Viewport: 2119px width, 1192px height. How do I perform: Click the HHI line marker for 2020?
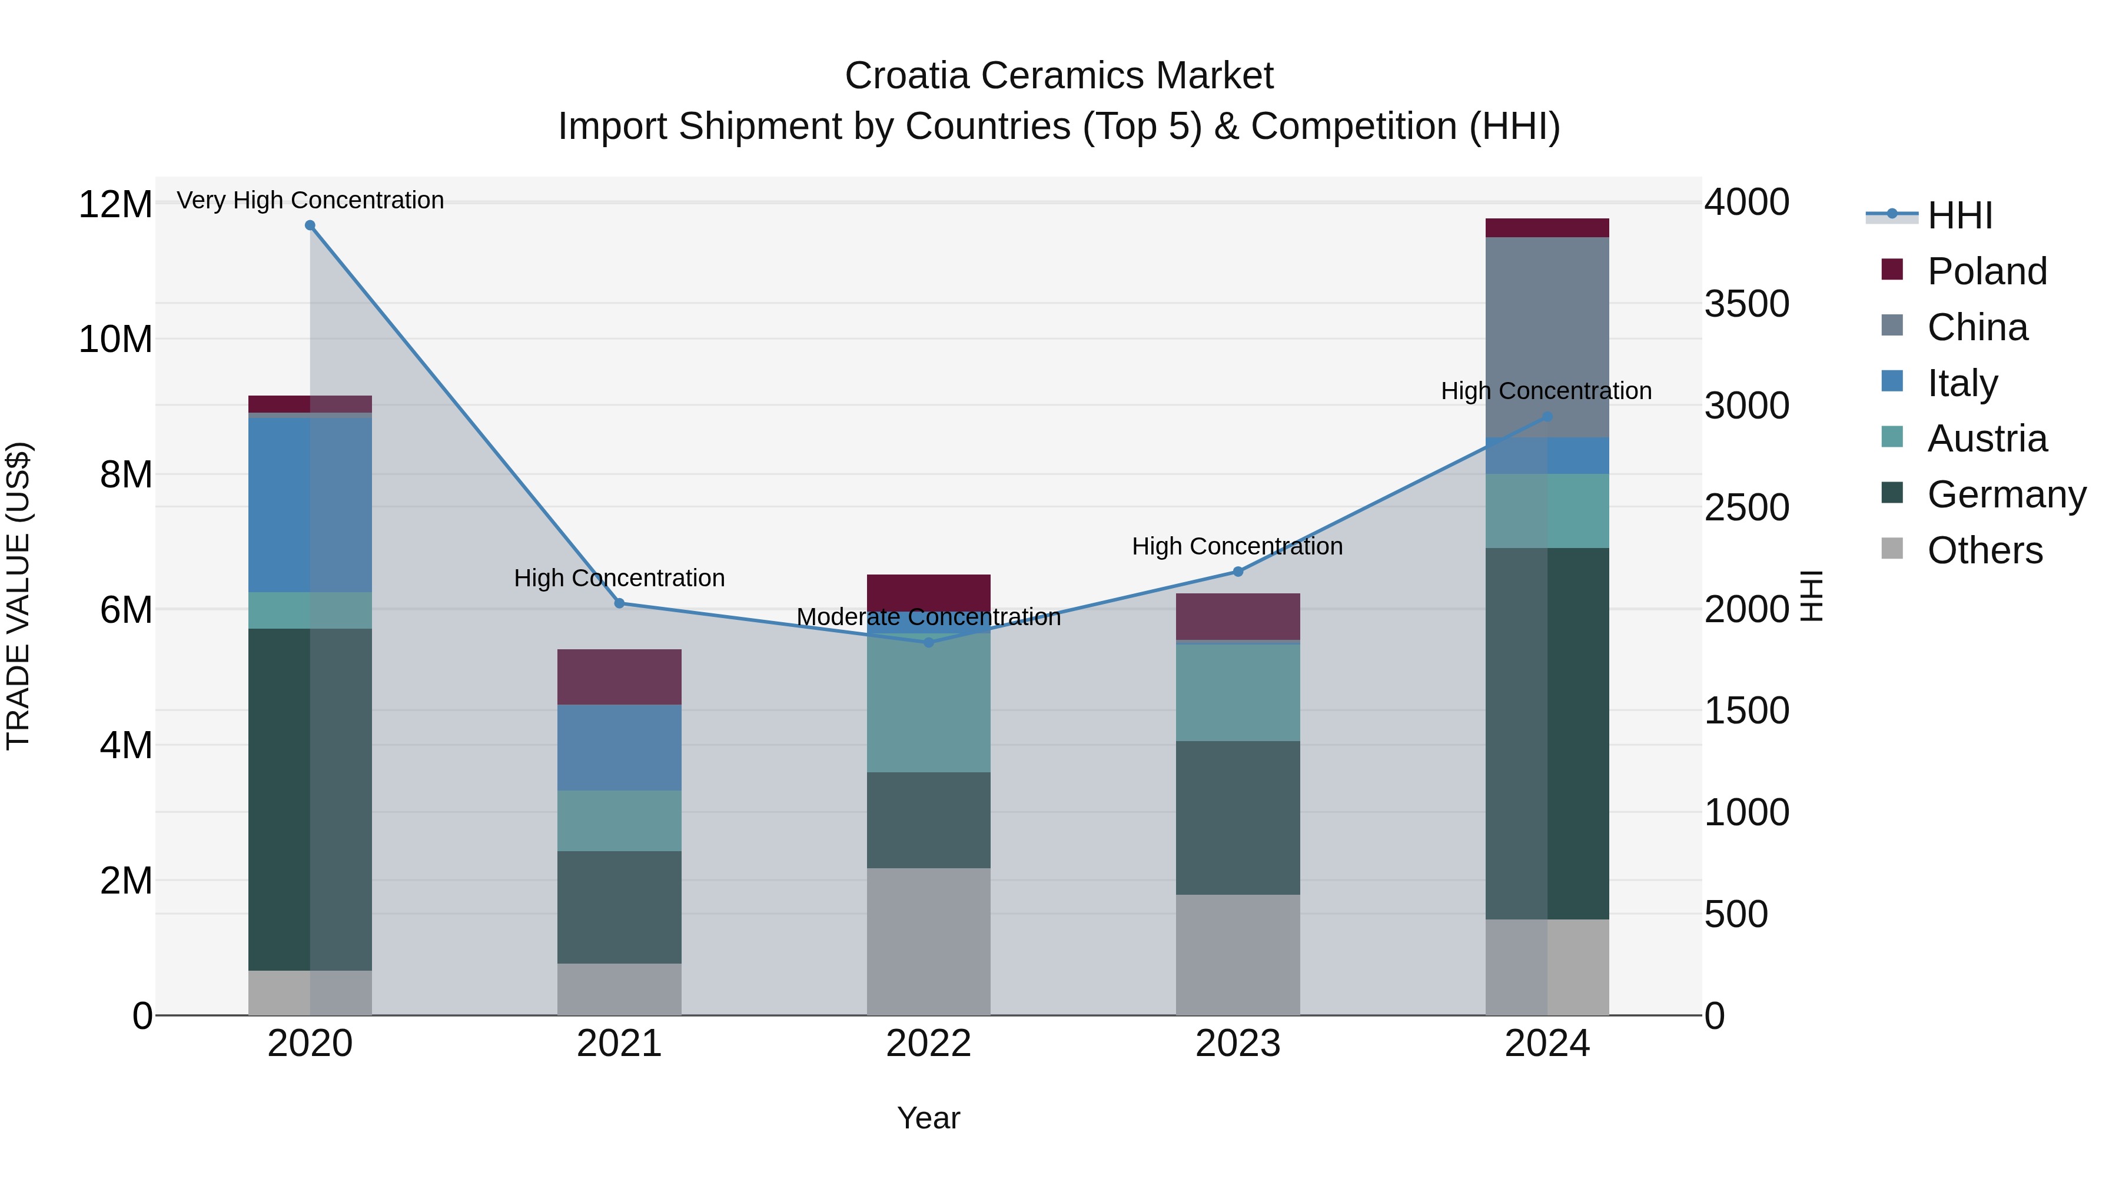click(310, 225)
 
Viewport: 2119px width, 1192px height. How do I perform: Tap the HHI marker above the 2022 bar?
click(929, 642)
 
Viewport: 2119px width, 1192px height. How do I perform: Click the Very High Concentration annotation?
click(310, 200)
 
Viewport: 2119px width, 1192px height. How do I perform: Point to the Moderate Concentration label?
click(929, 617)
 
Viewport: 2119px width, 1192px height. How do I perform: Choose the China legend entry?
click(1978, 327)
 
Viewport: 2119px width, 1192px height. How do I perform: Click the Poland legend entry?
click(1987, 271)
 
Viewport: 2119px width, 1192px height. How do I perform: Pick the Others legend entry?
click(1984, 550)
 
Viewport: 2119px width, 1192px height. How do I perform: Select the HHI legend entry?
click(1959, 215)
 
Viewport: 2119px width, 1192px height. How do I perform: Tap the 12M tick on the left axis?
click(115, 204)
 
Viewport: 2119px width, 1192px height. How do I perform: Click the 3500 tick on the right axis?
click(1746, 304)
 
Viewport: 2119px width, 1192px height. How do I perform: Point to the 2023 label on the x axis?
click(1237, 1044)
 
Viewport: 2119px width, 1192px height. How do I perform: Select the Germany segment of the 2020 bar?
click(310, 798)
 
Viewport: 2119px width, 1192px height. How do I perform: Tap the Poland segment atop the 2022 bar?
click(929, 592)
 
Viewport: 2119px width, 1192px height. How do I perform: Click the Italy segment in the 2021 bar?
click(619, 747)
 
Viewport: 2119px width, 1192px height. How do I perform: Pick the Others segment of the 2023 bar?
click(1237, 954)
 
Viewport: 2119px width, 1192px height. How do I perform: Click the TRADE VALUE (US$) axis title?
click(19, 596)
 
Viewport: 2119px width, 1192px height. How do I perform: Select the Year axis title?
click(929, 1118)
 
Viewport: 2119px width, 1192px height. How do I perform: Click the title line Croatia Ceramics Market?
click(1059, 76)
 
